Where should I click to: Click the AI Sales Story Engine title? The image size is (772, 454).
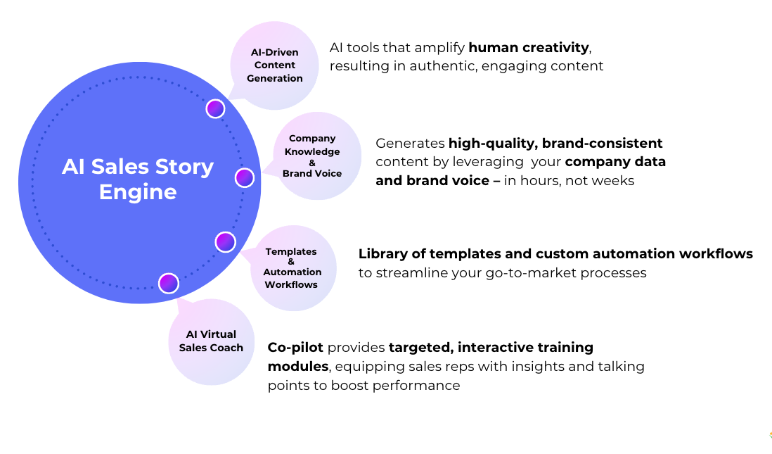(138, 179)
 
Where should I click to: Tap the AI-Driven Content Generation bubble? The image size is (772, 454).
(275, 65)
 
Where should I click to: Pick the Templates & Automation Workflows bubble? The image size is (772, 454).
(292, 268)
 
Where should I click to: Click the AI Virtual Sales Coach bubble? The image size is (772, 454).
(211, 341)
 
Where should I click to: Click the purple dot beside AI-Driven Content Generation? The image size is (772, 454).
(215, 108)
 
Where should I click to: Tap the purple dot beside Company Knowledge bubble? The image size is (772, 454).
(244, 177)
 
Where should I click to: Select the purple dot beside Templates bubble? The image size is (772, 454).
(225, 242)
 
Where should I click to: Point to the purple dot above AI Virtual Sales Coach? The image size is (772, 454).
(169, 283)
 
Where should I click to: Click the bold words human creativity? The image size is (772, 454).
(529, 48)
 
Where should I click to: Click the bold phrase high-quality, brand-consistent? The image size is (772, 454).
(555, 144)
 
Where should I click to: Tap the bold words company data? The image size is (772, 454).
(615, 162)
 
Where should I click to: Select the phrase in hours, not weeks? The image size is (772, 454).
(569, 181)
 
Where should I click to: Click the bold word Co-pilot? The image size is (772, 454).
(295, 347)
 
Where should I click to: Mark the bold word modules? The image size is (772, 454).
(297, 367)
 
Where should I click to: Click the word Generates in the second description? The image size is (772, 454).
(410, 144)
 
